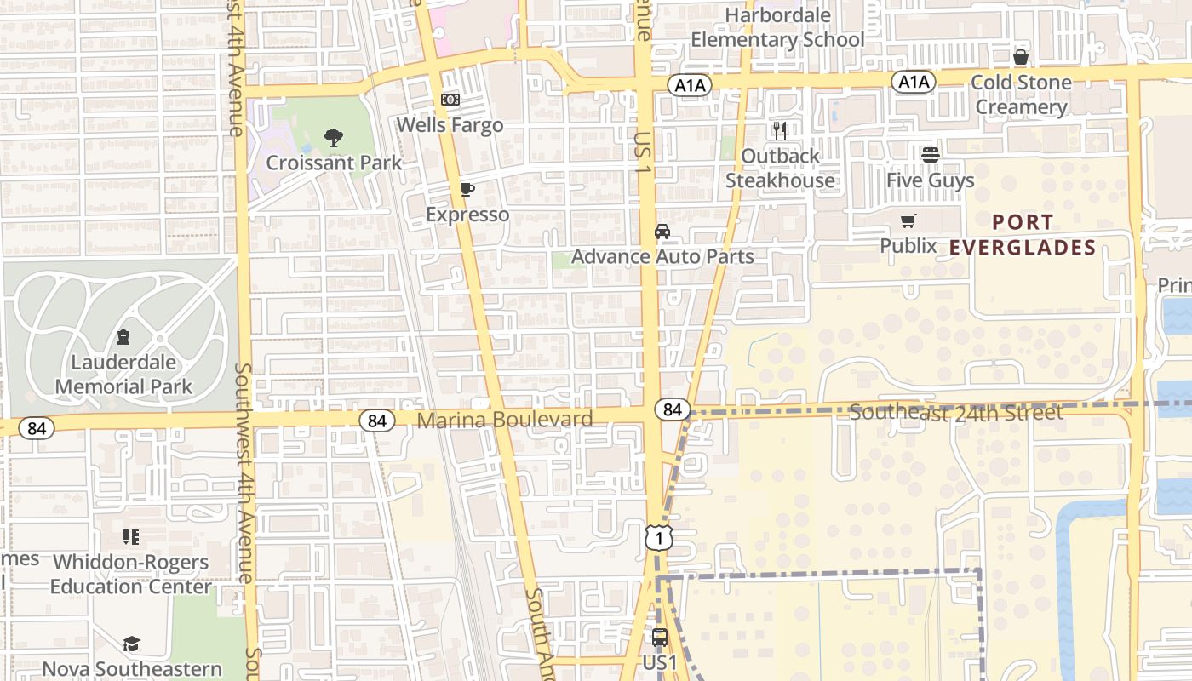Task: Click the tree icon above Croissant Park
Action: point(334,137)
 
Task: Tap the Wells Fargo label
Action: point(450,125)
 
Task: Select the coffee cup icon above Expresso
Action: point(467,189)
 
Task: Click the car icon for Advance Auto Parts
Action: point(662,232)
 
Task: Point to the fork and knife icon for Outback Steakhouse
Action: point(780,130)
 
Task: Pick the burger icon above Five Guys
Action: point(930,155)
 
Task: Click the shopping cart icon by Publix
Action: point(908,221)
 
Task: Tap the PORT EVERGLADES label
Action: point(1023,235)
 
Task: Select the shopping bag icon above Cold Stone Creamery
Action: point(1021,57)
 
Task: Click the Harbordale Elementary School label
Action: point(777,27)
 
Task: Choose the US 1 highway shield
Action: point(658,538)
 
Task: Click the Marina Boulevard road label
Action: point(505,420)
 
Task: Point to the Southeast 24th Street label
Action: point(956,413)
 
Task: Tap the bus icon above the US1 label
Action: point(659,637)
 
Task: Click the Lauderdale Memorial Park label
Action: point(124,374)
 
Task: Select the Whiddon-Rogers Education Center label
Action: point(130,575)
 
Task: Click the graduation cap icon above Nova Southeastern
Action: point(131,644)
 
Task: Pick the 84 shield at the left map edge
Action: point(37,428)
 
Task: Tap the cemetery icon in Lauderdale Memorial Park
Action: point(124,337)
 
